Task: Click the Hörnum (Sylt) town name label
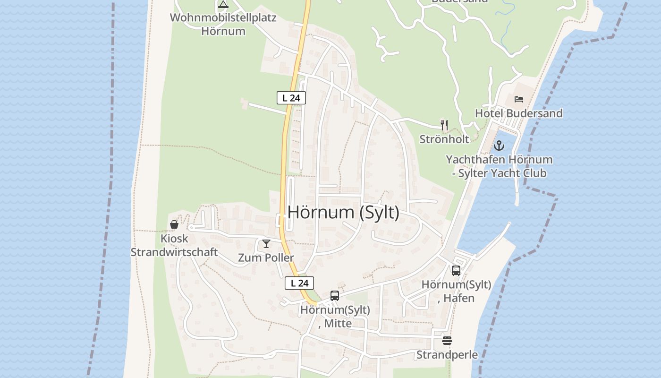[x=343, y=212]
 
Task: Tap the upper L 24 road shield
[x=291, y=98]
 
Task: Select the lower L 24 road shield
[x=299, y=283]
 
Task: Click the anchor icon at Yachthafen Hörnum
[x=499, y=146]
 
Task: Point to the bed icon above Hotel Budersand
[x=519, y=99]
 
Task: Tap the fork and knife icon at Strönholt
[x=444, y=125]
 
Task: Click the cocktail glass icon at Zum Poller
[x=266, y=244]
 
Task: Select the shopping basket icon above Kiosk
[x=174, y=224]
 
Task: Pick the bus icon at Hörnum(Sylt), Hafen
[x=456, y=270]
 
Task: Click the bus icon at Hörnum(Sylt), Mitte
[x=335, y=296]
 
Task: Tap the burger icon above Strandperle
[x=447, y=341]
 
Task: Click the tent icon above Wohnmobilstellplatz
[x=223, y=5]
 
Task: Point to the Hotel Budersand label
[x=518, y=113]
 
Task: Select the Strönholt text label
[x=444, y=139]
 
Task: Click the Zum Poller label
[x=266, y=258]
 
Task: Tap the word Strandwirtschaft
[x=174, y=252]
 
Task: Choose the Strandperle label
[x=447, y=354]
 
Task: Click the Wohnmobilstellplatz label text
[x=223, y=18]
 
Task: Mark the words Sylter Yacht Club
[x=503, y=173]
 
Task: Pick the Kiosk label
[x=174, y=239]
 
